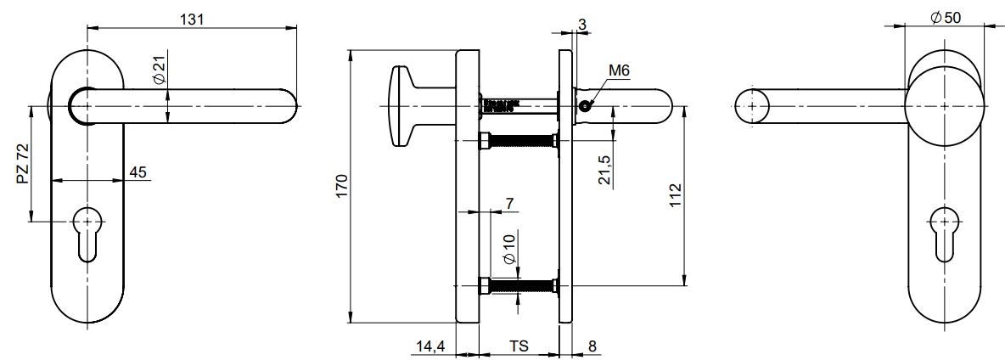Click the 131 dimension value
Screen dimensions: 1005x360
pyautogui.click(x=192, y=20)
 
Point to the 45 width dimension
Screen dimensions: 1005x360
pyautogui.click(x=138, y=172)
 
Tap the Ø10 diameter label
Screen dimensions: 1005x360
pyautogui.click(x=509, y=249)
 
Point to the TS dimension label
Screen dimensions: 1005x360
pyautogui.click(x=519, y=346)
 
